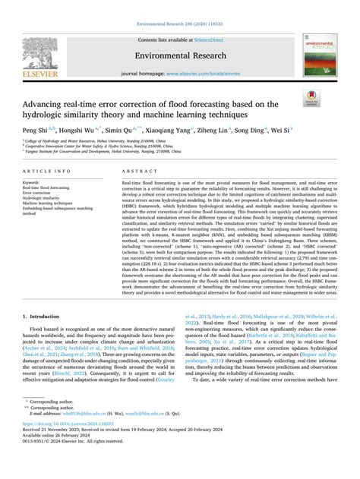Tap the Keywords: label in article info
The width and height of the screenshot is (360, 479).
coord(33,182)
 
